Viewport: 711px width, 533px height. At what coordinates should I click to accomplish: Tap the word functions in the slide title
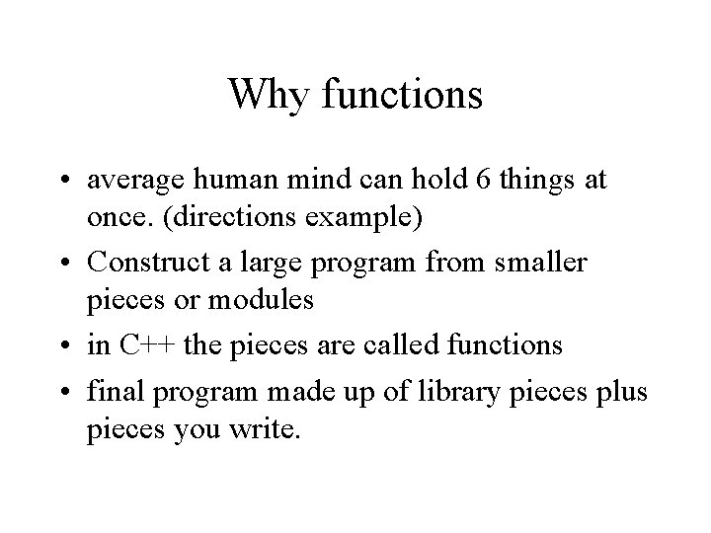400,95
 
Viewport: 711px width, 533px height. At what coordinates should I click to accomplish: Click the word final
110,390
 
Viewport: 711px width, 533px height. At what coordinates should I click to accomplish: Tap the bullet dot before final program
64,392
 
